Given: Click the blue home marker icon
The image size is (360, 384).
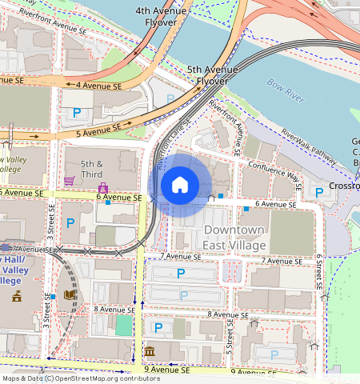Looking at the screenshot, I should [180, 185].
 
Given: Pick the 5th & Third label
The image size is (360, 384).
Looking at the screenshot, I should [92, 167].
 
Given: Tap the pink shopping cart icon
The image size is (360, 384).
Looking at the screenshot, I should [70, 181].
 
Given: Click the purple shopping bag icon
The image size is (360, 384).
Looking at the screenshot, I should [102, 188].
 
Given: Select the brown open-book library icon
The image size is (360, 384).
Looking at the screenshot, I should [69, 295].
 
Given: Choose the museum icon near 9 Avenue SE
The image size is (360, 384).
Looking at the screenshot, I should [150, 351].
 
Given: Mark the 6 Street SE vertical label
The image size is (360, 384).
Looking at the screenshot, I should [318, 273].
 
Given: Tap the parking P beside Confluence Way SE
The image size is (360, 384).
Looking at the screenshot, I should [319, 192].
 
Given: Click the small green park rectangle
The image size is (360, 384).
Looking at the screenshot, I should [123, 325].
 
